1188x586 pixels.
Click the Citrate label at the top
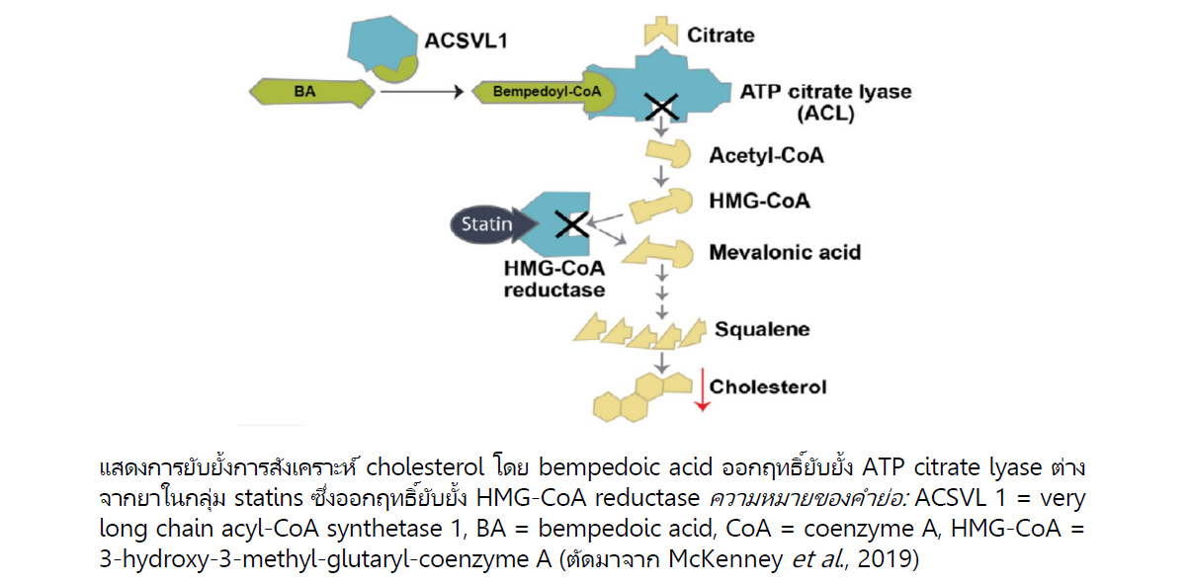click(721, 36)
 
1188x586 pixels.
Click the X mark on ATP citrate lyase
click(661, 105)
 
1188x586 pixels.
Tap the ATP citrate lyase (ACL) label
click(825, 102)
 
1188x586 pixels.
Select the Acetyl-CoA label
click(766, 156)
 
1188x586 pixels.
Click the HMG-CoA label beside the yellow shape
click(759, 202)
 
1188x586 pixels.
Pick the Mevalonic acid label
click(785, 252)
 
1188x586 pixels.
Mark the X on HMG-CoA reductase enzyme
click(571, 224)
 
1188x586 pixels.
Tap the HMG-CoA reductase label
click(554, 280)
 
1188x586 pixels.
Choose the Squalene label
click(756, 329)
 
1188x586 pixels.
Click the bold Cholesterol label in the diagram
click(768, 386)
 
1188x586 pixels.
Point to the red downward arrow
click(700, 390)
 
